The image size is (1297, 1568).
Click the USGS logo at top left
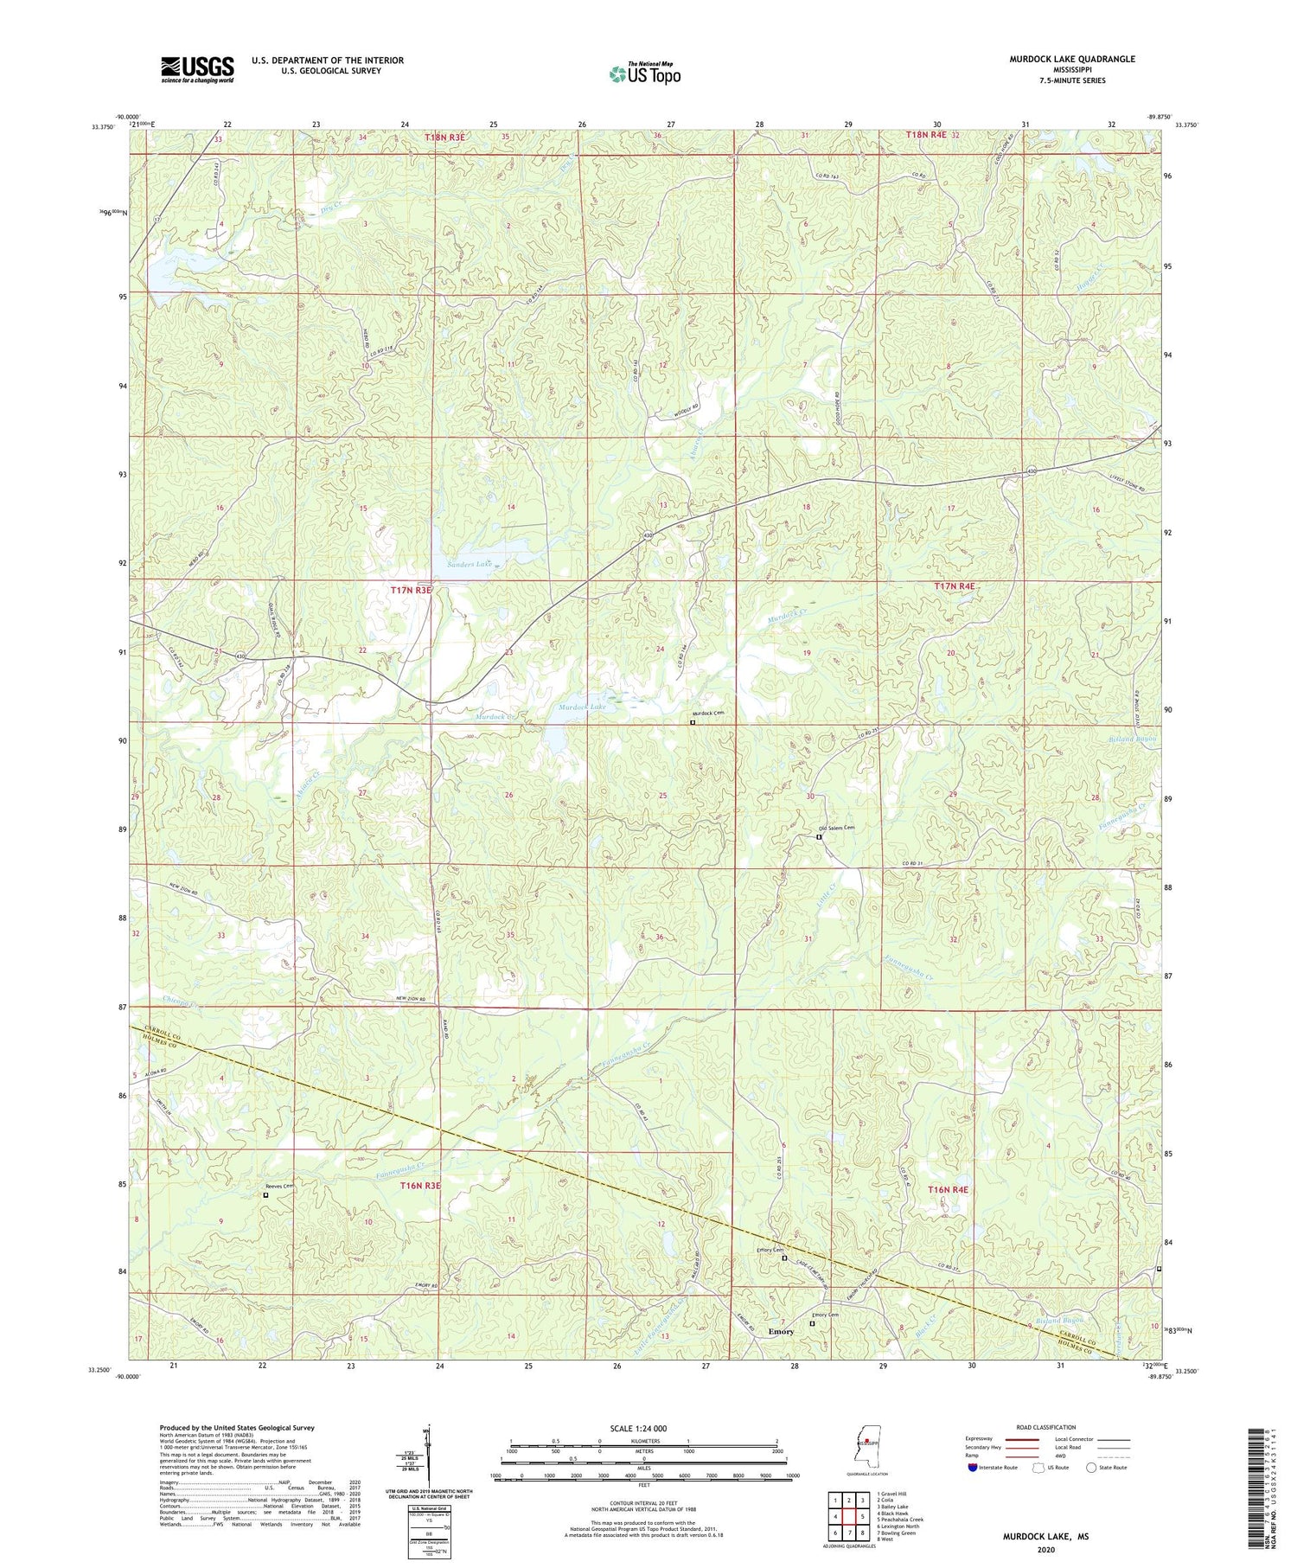[197, 69]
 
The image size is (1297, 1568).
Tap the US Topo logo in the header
[644, 74]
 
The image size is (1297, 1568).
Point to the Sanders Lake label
[470, 564]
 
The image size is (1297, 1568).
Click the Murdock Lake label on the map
[584, 707]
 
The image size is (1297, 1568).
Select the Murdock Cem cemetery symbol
[693, 722]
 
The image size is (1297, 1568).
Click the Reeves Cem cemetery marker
[265, 1195]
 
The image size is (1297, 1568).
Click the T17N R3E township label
[410, 590]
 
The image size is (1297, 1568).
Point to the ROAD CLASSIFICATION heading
[1046, 1427]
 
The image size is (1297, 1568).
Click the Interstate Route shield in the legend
[973, 1468]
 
